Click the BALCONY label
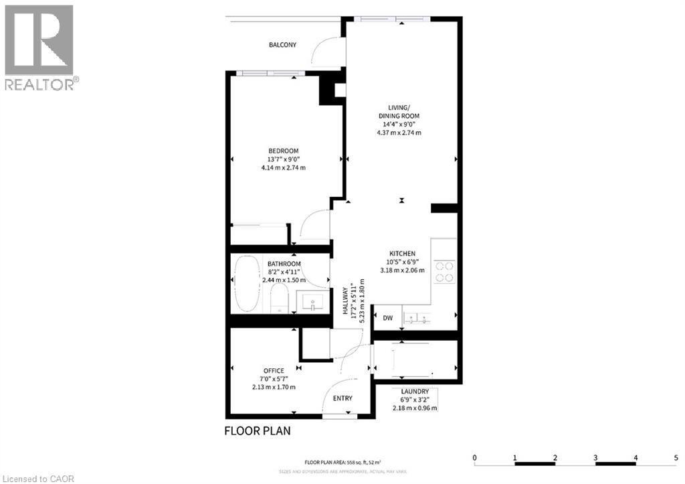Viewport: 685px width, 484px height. click(282, 45)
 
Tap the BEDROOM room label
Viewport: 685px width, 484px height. click(283, 151)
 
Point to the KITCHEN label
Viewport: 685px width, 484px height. click(403, 253)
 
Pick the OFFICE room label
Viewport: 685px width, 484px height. click(274, 370)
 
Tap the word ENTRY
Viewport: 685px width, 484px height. click(342, 398)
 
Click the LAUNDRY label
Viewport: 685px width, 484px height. click(415, 392)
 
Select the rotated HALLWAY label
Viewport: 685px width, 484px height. click(346, 303)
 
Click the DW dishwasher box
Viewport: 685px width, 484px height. click(387, 319)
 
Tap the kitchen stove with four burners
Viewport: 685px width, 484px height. click(445, 271)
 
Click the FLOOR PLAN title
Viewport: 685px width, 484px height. click(258, 430)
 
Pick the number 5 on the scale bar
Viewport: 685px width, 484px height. click(676, 458)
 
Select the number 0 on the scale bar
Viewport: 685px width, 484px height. click(474, 458)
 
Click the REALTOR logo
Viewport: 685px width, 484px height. click(40, 47)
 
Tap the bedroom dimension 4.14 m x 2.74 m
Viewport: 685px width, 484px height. click(283, 167)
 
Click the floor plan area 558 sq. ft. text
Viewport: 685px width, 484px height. click(342, 462)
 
